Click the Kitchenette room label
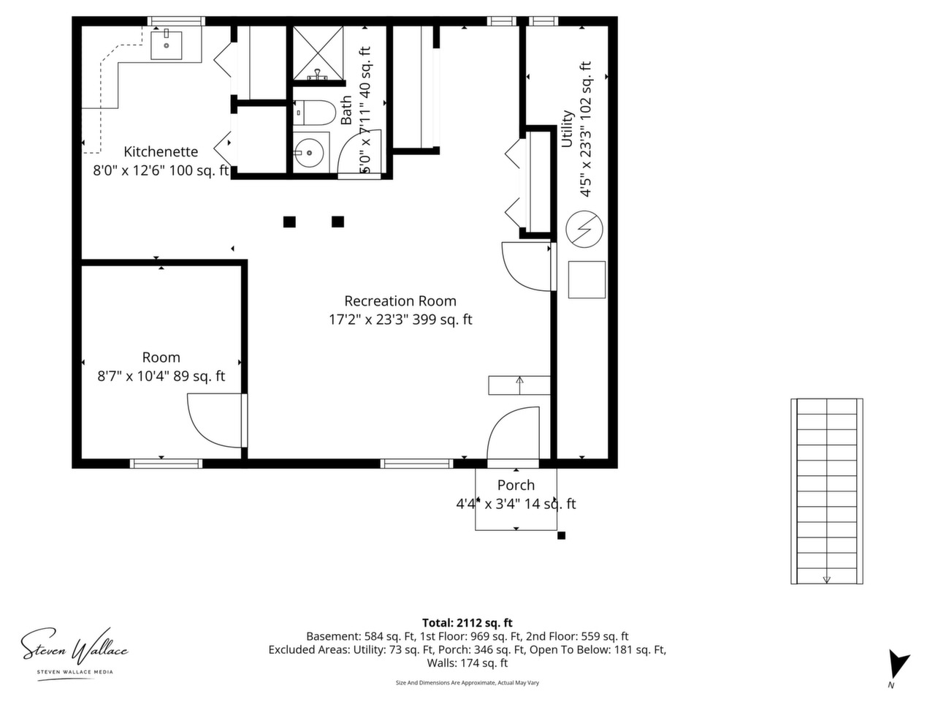(161, 151)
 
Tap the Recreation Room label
(400, 301)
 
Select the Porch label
(516, 485)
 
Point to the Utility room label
(567, 129)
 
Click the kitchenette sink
(166, 45)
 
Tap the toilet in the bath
(314, 113)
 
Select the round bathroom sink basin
(308, 153)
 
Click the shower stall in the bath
(318, 53)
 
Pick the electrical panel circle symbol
(584, 229)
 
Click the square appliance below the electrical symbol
(587, 279)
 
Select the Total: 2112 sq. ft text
(467, 623)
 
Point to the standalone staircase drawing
(826, 491)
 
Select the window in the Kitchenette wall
(176, 21)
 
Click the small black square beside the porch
(561, 536)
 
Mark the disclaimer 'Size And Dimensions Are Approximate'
(467, 683)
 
